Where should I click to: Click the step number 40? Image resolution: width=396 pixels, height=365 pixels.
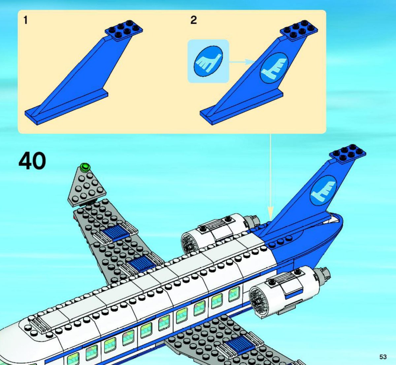[x=32, y=161]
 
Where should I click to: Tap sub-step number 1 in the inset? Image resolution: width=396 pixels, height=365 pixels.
[x=25, y=20]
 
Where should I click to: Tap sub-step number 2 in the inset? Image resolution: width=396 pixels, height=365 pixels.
[x=193, y=20]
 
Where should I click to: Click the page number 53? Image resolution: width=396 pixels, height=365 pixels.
[x=383, y=357]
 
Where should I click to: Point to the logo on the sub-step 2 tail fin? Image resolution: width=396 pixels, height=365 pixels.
[x=274, y=67]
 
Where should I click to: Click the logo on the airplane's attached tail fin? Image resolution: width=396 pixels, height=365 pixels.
[x=323, y=190]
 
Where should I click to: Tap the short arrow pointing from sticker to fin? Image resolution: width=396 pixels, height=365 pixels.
[x=243, y=61]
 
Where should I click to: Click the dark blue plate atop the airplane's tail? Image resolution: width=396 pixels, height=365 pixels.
[x=347, y=153]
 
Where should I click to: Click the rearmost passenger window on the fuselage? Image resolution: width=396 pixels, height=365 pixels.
[x=234, y=294]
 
